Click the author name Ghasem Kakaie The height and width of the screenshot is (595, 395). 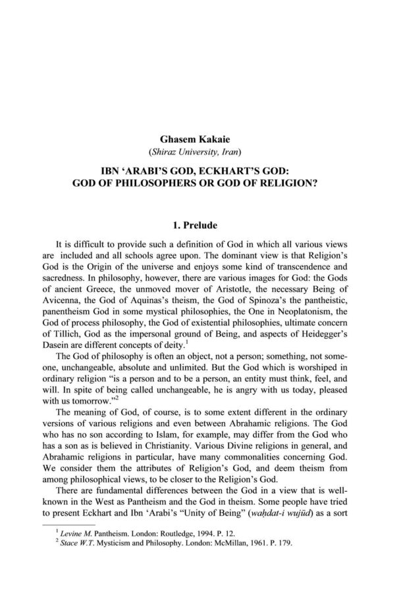click(x=197, y=139)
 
